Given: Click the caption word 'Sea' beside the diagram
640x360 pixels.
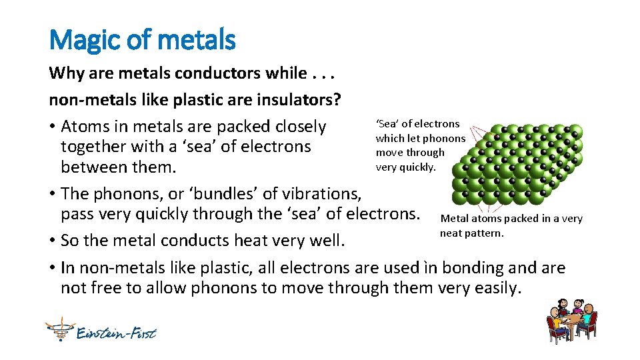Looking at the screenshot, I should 387,124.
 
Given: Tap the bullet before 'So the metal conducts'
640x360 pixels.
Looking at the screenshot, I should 52,241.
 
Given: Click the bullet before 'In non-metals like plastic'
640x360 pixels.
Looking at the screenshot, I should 52,268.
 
